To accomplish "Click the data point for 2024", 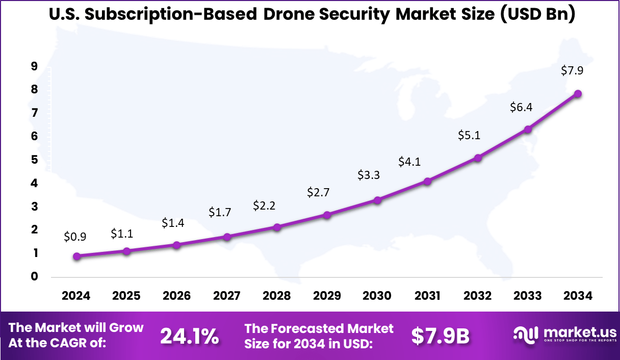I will pos(76,256).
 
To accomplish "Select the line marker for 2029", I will pos(327,215).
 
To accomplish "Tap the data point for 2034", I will pos(578,94).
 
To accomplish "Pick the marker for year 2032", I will pos(478,158).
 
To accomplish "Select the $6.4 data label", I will pos(521,107).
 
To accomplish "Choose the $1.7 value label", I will pos(219,212).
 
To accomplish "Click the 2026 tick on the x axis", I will pos(177,296).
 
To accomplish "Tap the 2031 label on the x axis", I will pos(427,296).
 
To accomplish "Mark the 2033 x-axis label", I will pos(528,296).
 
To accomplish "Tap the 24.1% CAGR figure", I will pos(190,336).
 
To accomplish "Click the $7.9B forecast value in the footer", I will pos(440,336).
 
